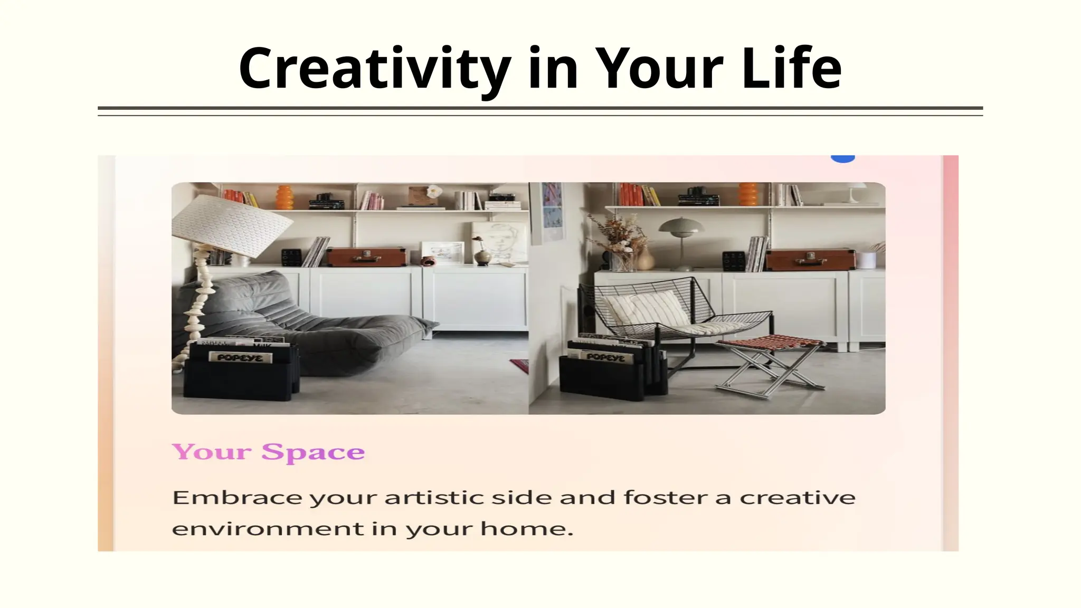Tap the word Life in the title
click(x=791, y=69)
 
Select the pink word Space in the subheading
click(x=313, y=452)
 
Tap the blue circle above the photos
click(x=842, y=158)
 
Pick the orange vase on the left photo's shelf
click(x=285, y=197)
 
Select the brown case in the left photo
click(x=366, y=256)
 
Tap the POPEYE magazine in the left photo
click(x=240, y=358)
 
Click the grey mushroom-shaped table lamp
click(x=681, y=232)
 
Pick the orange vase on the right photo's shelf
click(x=748, y=194)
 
